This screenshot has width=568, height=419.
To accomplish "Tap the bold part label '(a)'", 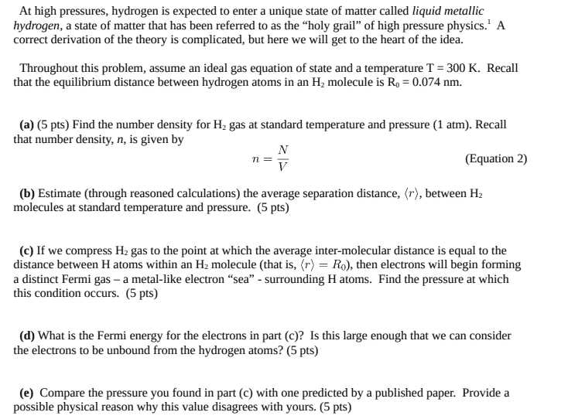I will (28, 124).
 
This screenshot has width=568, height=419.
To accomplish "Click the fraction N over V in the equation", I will (283, 158).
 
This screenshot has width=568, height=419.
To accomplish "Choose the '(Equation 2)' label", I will (496, 158).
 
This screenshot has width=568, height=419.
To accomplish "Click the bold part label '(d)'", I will (28, 336).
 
